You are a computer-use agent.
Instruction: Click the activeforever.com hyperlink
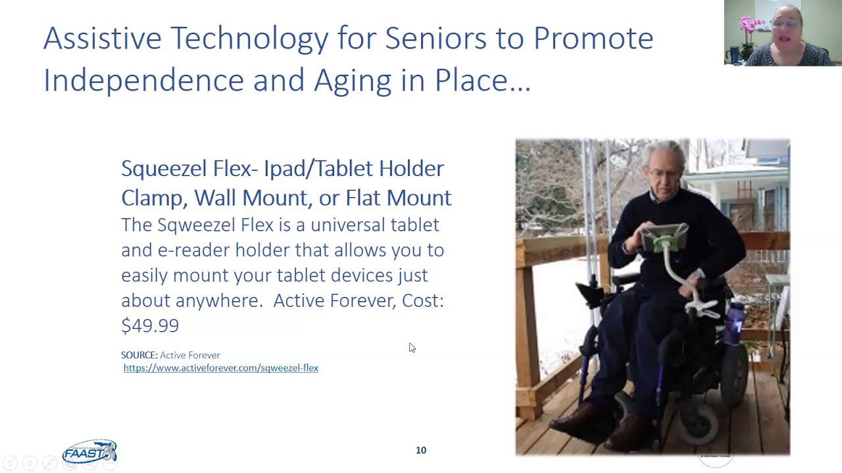tap(220, 368)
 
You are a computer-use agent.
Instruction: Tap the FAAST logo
tap(89, 452)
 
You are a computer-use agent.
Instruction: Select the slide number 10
tap(421, 450)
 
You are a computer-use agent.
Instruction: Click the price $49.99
tap(150, 325)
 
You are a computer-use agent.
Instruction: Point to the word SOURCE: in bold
tap(139, 355)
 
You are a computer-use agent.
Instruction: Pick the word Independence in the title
tap(143, 80)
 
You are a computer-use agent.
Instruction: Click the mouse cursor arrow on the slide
tap(412, 348)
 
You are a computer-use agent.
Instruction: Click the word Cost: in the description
tap(423, 301)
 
